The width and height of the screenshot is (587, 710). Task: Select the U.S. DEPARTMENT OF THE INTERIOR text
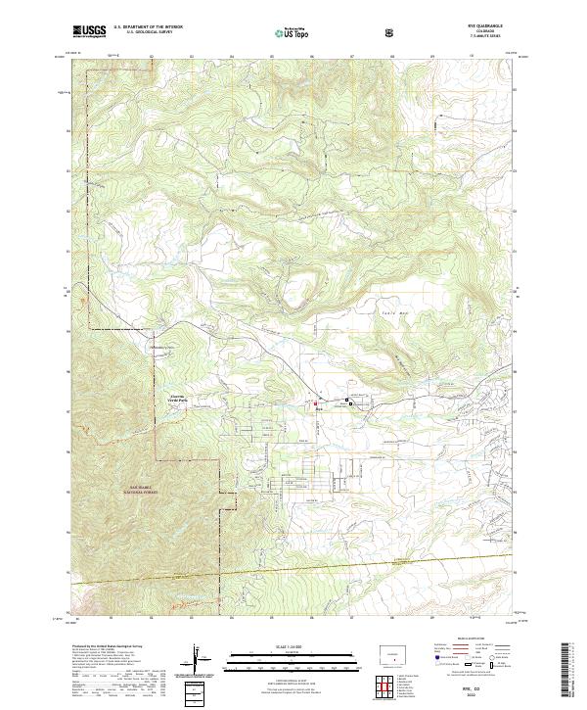(x=148, y=27)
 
